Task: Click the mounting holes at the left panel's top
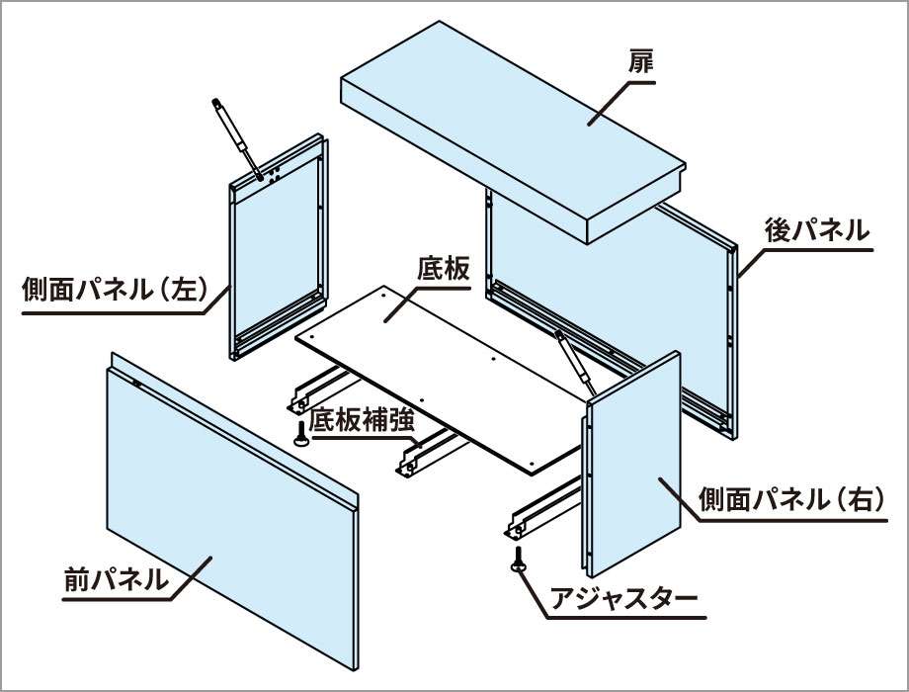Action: point(275,176)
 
